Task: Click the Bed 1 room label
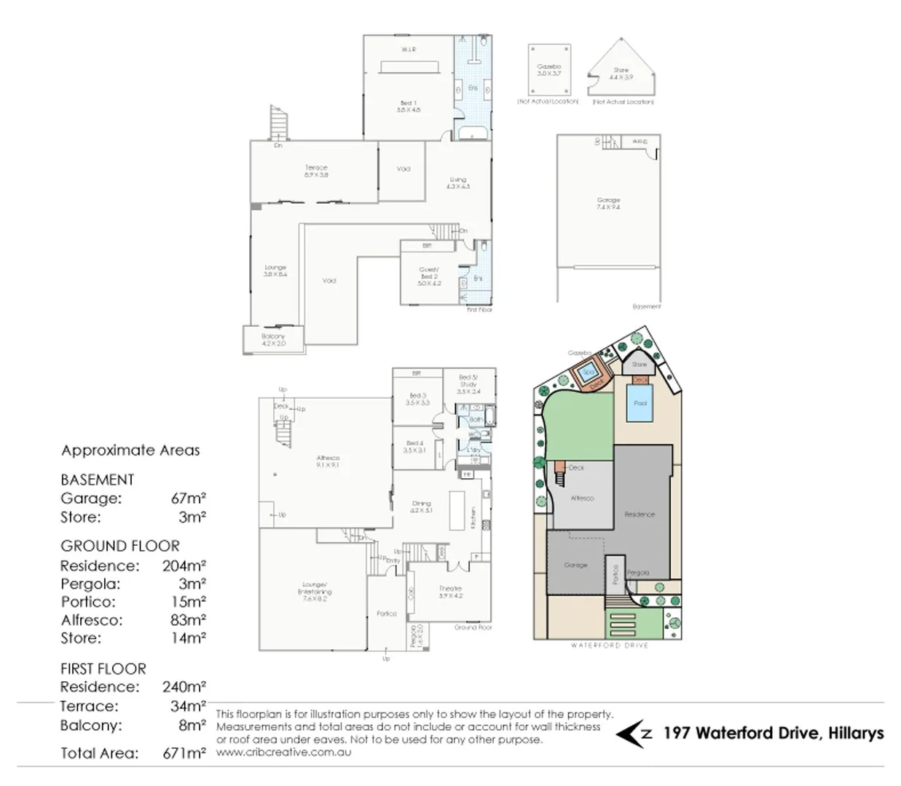408,106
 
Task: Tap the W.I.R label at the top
408,49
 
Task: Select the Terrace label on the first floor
316,171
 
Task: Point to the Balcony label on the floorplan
273,339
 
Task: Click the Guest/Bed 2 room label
429,276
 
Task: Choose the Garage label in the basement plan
608,203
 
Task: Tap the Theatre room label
450,592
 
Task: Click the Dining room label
421,507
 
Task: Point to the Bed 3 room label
417,399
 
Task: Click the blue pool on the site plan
640,408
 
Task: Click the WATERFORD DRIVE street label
609,645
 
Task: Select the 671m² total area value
184,753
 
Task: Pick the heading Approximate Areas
130,450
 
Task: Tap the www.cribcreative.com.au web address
283,752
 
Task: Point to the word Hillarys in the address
856,733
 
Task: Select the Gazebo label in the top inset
549,70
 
